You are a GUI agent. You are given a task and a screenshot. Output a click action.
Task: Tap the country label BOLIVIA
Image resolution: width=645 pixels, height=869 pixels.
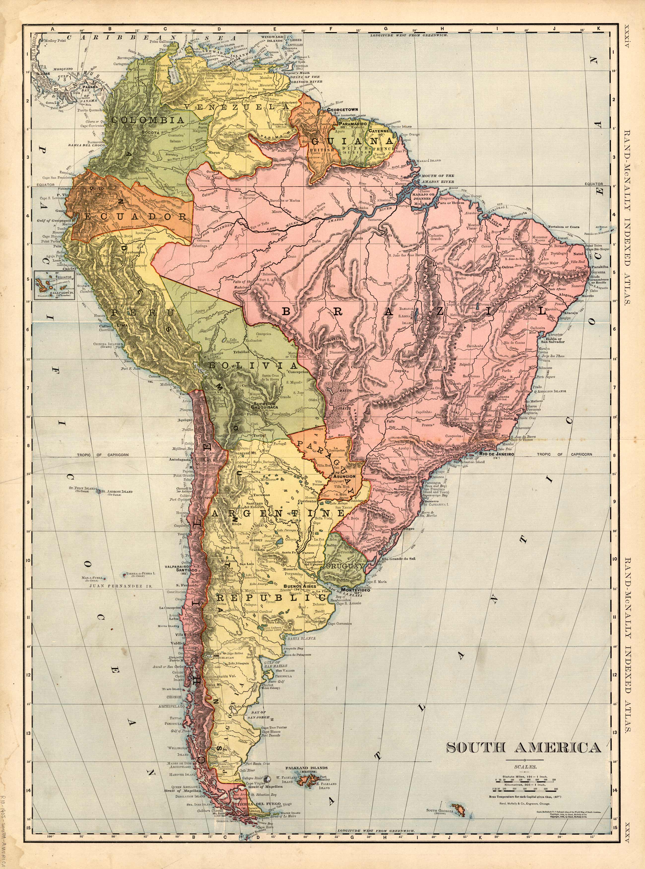tap(253, 365)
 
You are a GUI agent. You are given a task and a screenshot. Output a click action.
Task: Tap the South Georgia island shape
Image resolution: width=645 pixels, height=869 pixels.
tap(457, 808)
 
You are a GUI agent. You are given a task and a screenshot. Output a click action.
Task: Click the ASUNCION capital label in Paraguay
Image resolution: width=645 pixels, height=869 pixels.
tap(342, 476)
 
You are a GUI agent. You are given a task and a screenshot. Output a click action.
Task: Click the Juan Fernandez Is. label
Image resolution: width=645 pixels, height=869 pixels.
tap(120, 586)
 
